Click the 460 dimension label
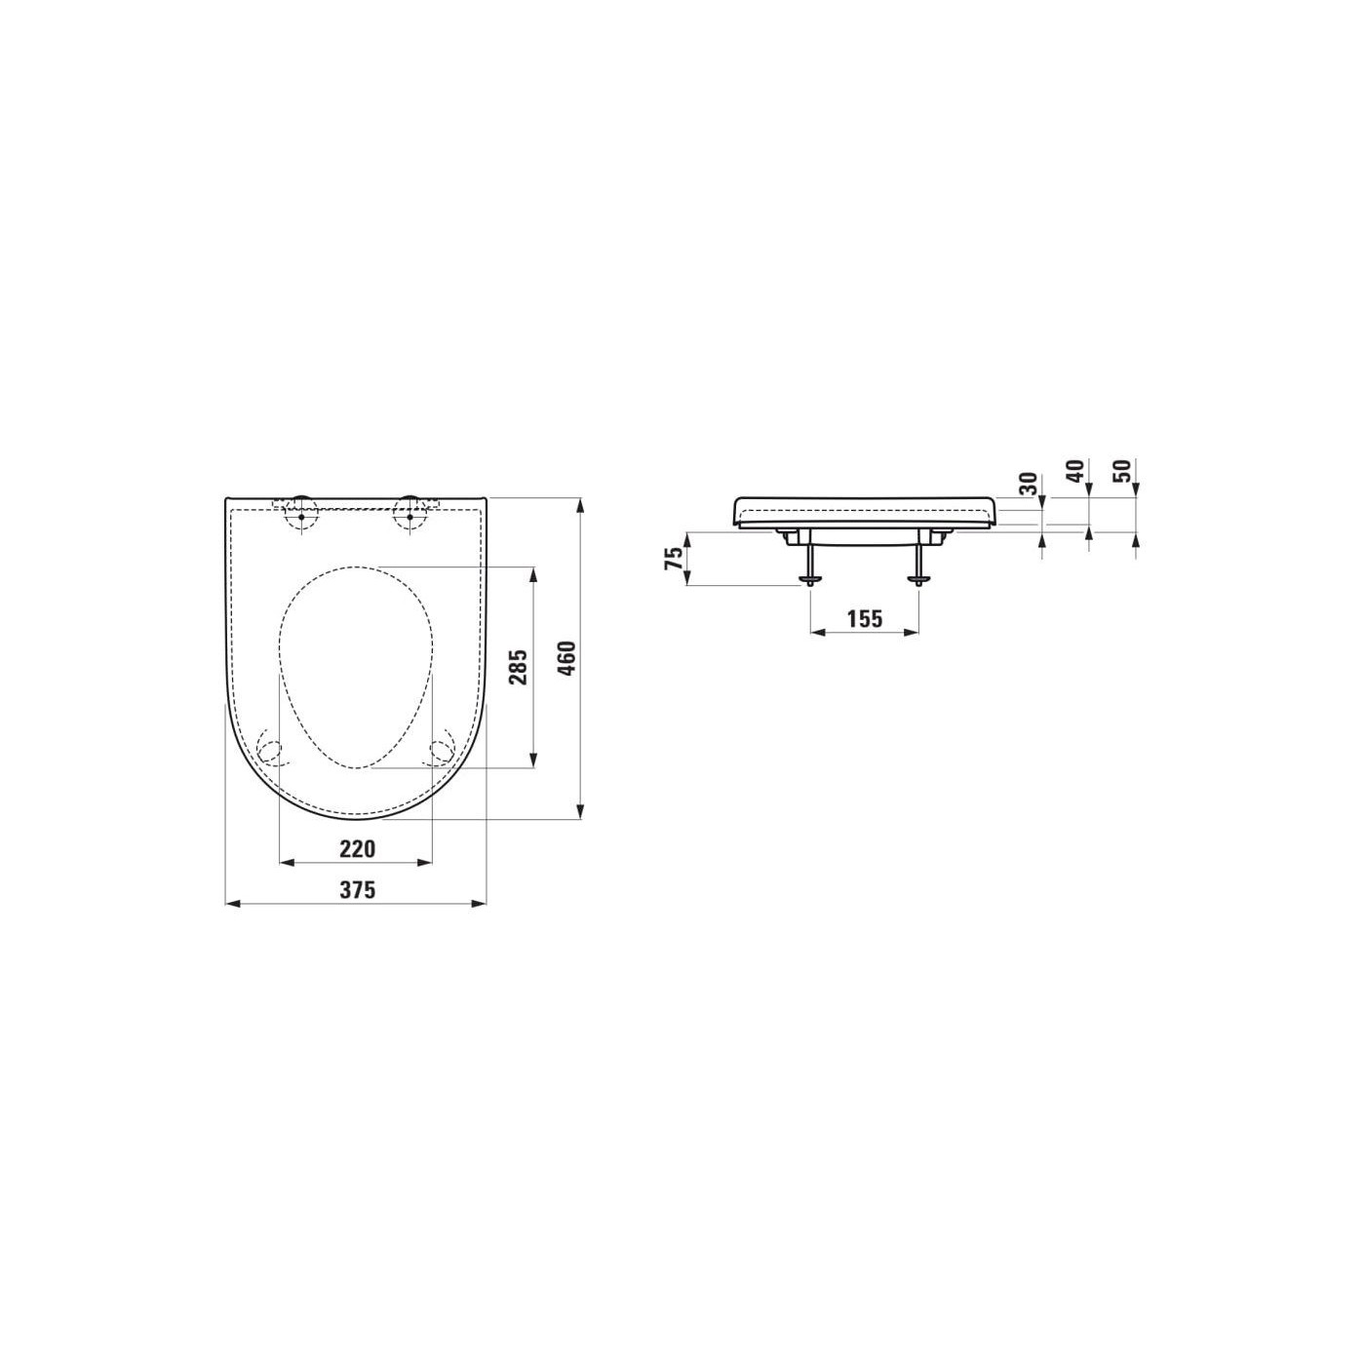coord(568,659)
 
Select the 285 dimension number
coord(520,667)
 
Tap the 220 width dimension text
coord(356,848)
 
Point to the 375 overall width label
coord(356,890)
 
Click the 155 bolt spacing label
coord(865,618)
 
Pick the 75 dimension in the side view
coord(677,558)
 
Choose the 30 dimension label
coord(1030,484)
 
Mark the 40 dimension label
coord(1076,471)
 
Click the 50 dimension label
coord(1123,471)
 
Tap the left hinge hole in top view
coord(301,516)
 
